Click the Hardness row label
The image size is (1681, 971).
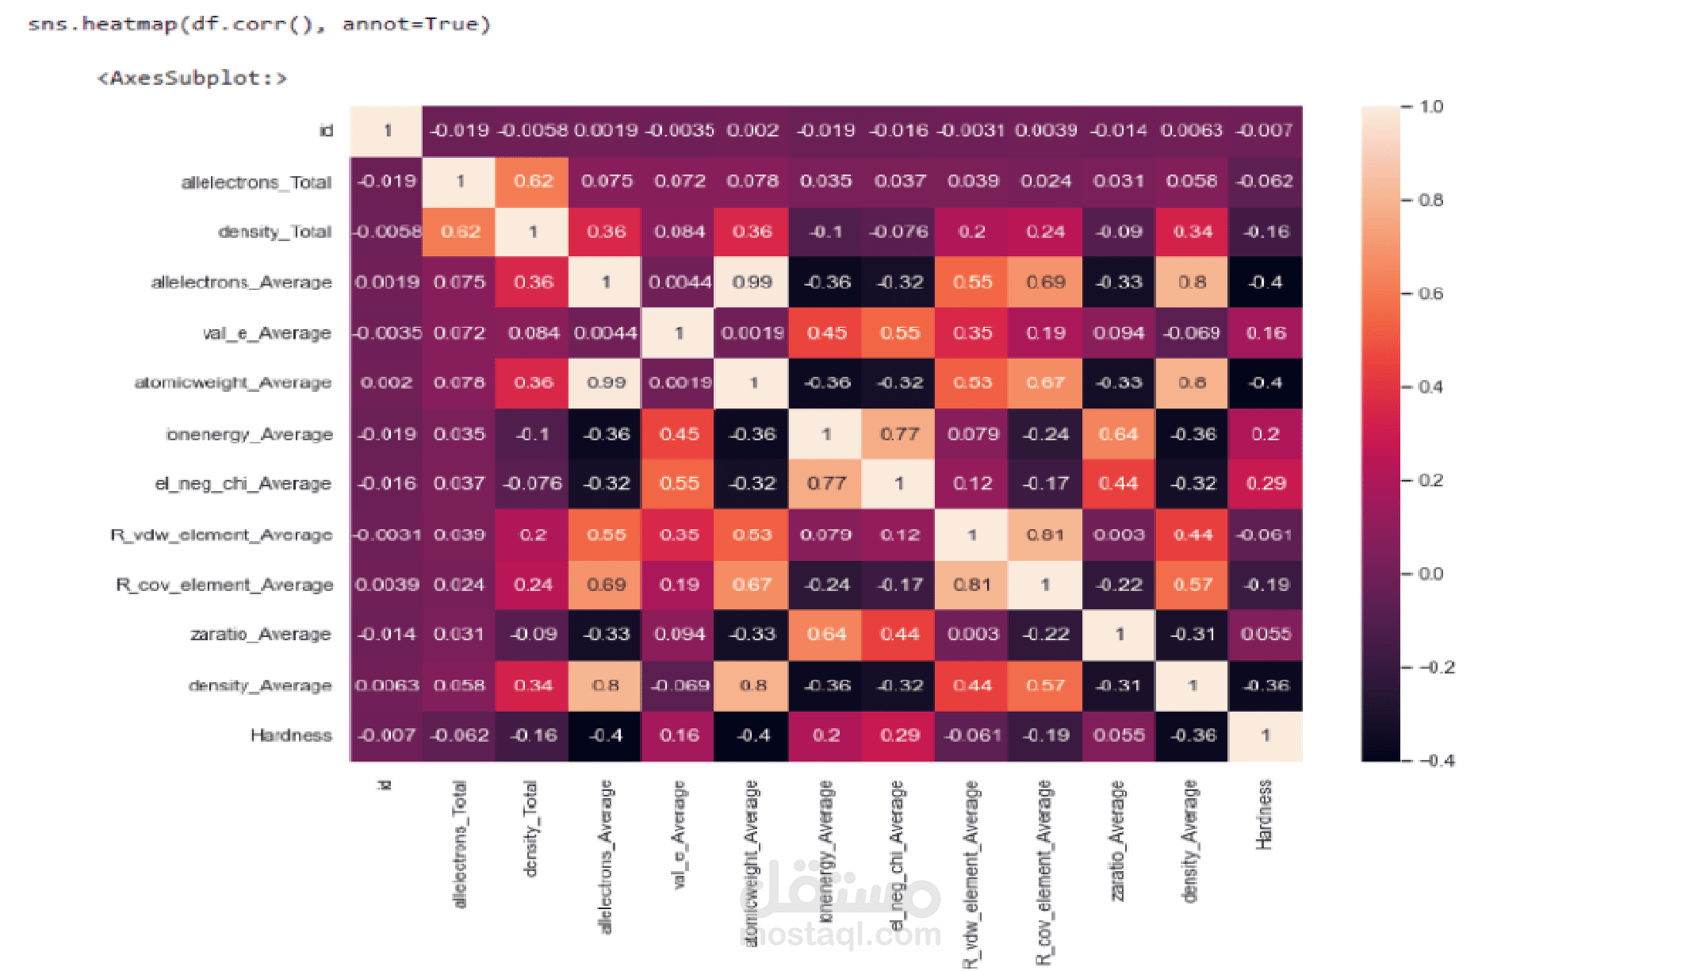click(x=291, y=735)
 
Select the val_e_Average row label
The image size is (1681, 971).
click(x=266, y=333)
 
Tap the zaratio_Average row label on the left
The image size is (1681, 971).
click(x=260, y=635)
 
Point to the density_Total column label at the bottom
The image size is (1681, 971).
click(x=530, y=829)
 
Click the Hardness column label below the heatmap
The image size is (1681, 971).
click(x=1264, y=815)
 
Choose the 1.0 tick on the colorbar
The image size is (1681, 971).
click(x=1430, y=106)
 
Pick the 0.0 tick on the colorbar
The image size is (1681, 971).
click(x=1430, y=574)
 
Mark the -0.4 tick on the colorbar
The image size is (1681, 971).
click(x=1436, y=761)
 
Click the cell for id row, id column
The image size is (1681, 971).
click(x=387, y=131)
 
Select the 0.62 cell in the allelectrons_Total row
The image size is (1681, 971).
click(x=533, y=181)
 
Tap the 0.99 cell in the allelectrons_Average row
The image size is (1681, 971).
click(x=752, y=282)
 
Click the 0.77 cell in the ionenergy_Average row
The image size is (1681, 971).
click(x=899, y=434)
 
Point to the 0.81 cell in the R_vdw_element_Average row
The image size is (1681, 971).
click(x=1045, y=535)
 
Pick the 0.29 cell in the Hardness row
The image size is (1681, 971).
click(x=899, y=735)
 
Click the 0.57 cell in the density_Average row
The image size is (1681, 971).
click(x=1045, y=685)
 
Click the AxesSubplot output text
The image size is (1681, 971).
click(x=191, y=78)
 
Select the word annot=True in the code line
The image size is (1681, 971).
click(x=416, y=24)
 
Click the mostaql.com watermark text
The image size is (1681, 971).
click(x=840, y=935)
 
